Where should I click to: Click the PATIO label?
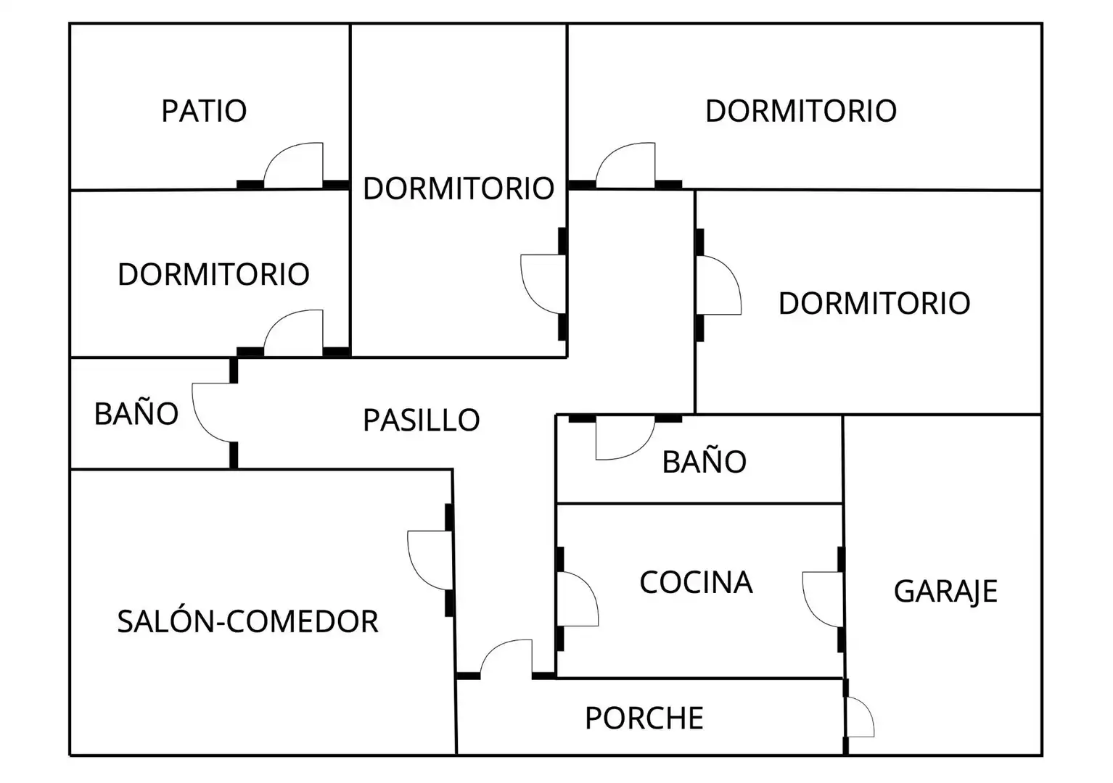tap(204, 111)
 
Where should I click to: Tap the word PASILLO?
tap(422, 420)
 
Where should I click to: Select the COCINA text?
tap(696, 582)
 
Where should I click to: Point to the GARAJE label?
tap(945, 592)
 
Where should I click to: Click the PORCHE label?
tap(644, 718)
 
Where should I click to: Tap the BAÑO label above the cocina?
tap(704, 460)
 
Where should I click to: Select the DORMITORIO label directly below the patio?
tap(213, 274)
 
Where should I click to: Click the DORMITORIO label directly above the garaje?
tap(874, 303)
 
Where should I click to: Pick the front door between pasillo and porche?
tap(506, 658)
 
